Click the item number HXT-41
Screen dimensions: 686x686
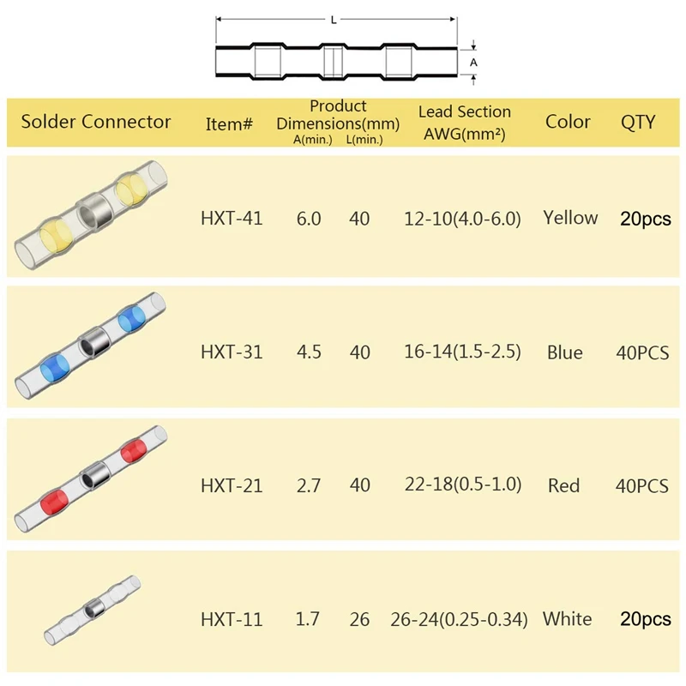(232, 219)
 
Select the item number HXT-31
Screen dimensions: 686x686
(232, 352)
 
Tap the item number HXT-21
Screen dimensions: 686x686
(232, 485)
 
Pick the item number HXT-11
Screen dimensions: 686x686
(232, 619)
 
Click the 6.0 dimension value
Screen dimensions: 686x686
(309, 219)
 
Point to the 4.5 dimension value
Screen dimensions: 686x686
(309, 352)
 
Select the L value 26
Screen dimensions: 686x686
(360, 619)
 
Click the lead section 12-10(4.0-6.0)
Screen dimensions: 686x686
(463, 219)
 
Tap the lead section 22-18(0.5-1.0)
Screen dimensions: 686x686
(463, 485)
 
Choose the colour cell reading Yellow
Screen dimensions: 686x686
(570, 218)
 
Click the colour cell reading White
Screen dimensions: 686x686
(567, 618)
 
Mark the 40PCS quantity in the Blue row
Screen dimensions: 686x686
(642, 352)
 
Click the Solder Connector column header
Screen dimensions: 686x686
(96, 122)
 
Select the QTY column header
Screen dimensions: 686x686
(638, 122)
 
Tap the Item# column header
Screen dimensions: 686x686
(230, 124)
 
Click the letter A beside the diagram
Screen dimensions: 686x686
(473, 63)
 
